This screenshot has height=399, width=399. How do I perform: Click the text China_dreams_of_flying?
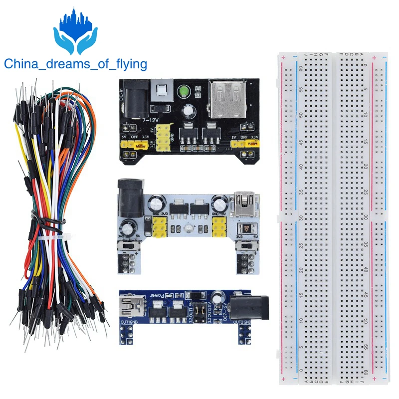(x=76, y=64)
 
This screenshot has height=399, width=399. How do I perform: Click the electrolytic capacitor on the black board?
(x=189, y=110)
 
